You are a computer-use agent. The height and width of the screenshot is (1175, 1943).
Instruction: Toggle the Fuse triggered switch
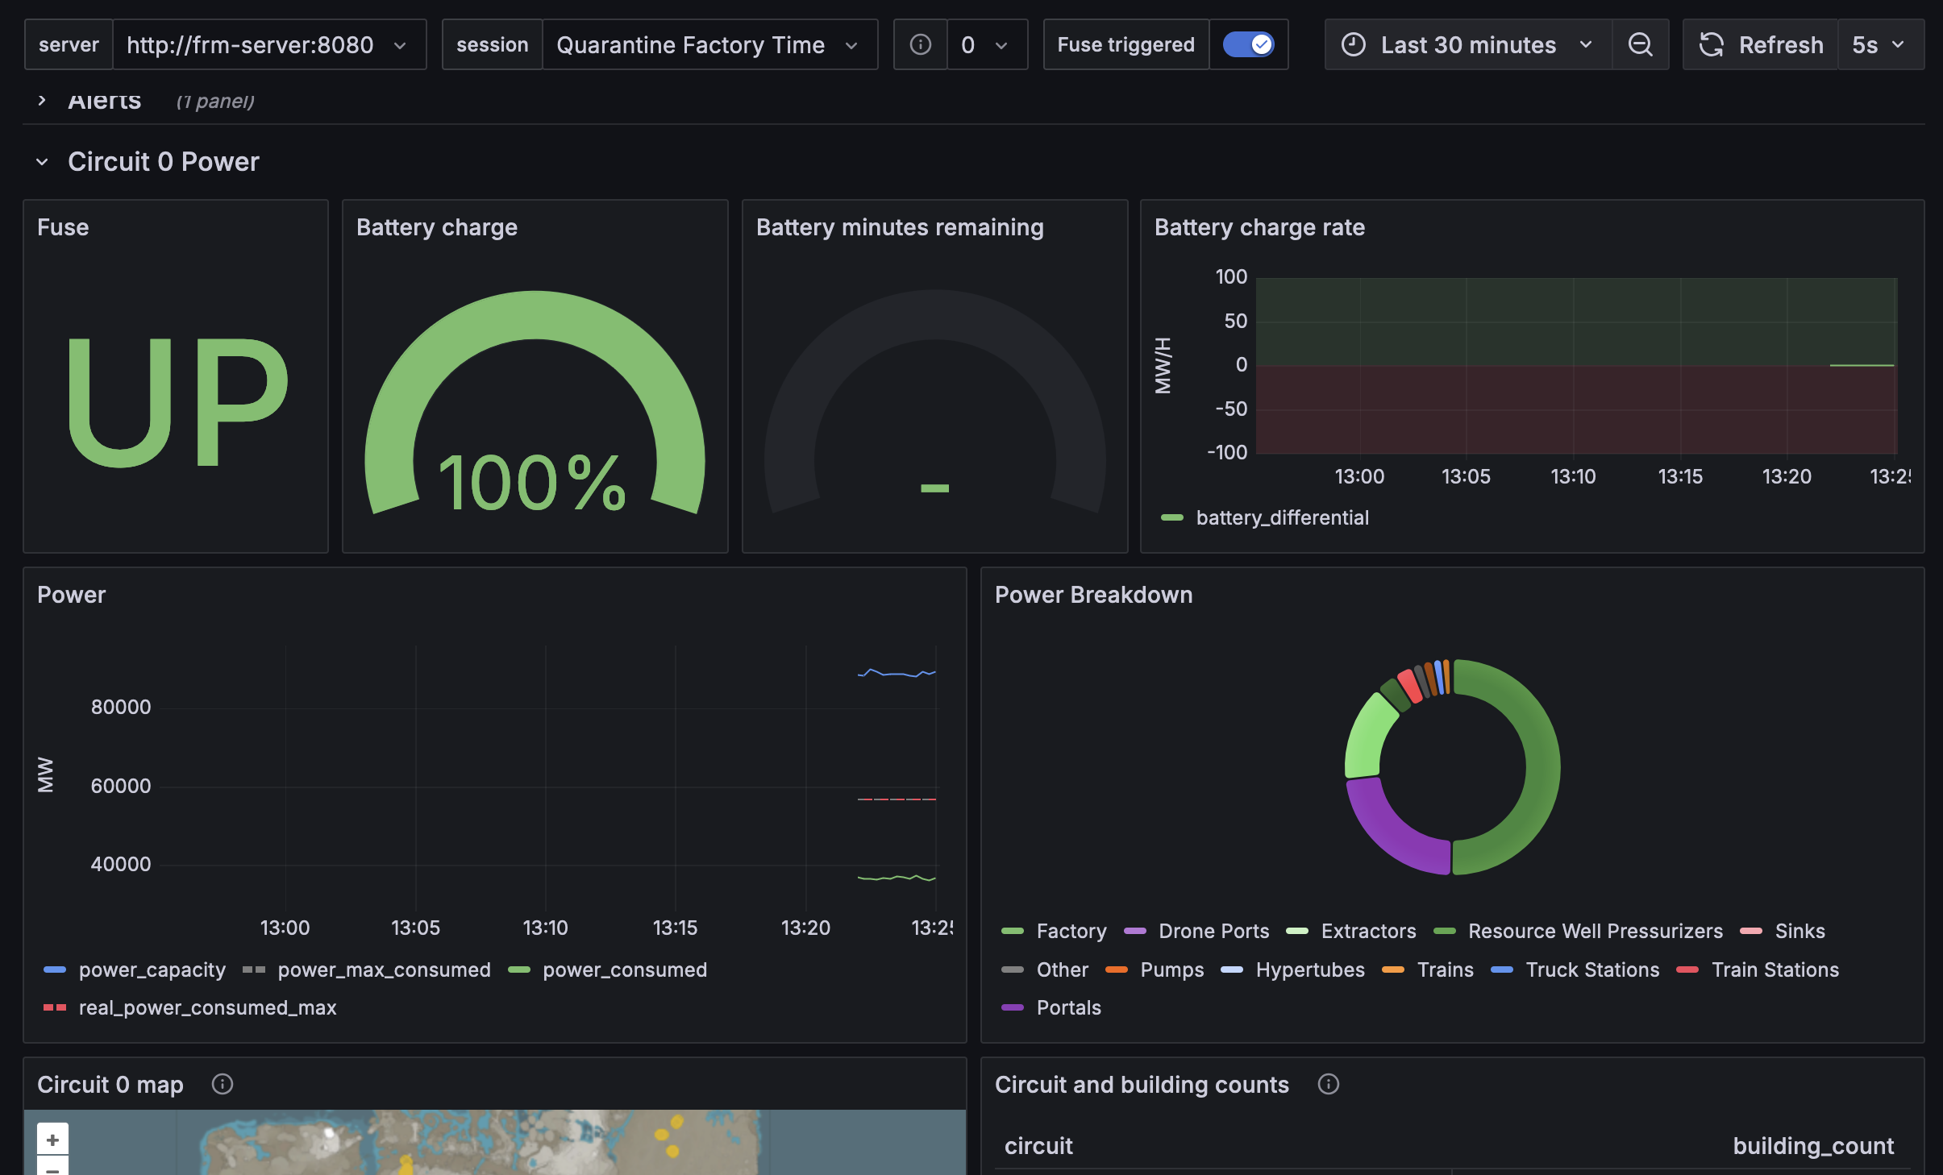[x=1248, y=44]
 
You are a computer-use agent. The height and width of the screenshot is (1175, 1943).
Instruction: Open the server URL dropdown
[x=266, y=45]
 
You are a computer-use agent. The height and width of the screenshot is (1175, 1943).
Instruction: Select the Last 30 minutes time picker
[x=1467, y=45]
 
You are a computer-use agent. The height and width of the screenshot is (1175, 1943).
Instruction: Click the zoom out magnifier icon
[x=1640, y=45]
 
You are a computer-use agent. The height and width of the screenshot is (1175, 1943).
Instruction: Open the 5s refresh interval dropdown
[x=1879, y=45]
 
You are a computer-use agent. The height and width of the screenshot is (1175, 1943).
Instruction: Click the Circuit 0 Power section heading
[x=163, y=162]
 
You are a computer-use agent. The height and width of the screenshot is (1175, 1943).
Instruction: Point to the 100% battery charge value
[x=532, y=483]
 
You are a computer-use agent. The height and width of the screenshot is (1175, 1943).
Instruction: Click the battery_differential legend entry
[x=1282, y=517]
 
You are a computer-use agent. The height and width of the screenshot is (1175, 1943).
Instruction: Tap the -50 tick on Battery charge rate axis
[x=1231, y=409]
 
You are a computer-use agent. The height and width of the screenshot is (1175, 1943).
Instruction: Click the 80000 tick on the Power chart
[x=121, y=707]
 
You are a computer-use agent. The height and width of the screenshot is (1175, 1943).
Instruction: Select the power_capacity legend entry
[x=152, y=969]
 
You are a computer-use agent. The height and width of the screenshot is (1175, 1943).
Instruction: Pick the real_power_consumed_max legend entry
[x=207, y=1007]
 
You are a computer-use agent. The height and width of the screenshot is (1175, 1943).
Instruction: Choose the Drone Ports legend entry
[x=1213, y=931]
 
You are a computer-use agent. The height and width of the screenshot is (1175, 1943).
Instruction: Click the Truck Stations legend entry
[x=1592, y=969]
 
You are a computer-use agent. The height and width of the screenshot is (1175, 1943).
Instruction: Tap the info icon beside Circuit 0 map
[x=223, y=1085]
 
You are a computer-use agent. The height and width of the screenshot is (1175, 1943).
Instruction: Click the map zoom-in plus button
[x=52, y=1140]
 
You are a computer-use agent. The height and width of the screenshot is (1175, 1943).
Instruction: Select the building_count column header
[x=1813, y=1146]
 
